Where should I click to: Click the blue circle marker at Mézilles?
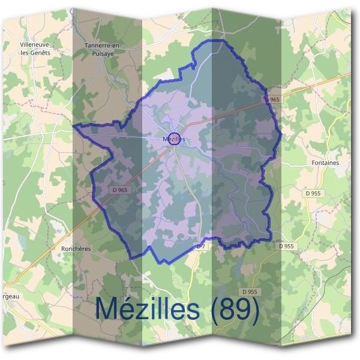pyautogui.click(x=174, y=139)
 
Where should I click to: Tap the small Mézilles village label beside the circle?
pyautogui.click(x=173, y=139)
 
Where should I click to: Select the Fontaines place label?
pyautogui.click(x=326, y=163)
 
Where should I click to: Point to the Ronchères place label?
pyautogui.click(x=75, y=247)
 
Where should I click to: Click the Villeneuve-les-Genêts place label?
pyautogui.click(x=35, y=49)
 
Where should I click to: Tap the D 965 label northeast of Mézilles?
pyautogui.click(x=271, y=99)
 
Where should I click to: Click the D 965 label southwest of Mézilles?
pyautogui.click(x=120, y=190)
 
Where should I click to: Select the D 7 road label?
pyautogui.click(x=201, y=247)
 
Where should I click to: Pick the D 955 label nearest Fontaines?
pyautogui.click(x=313, y=193)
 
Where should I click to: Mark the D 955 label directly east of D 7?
pyautogui.click(x=287, y=246)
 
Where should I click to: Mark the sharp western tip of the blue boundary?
pyautogui.click(x=73, y=126)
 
